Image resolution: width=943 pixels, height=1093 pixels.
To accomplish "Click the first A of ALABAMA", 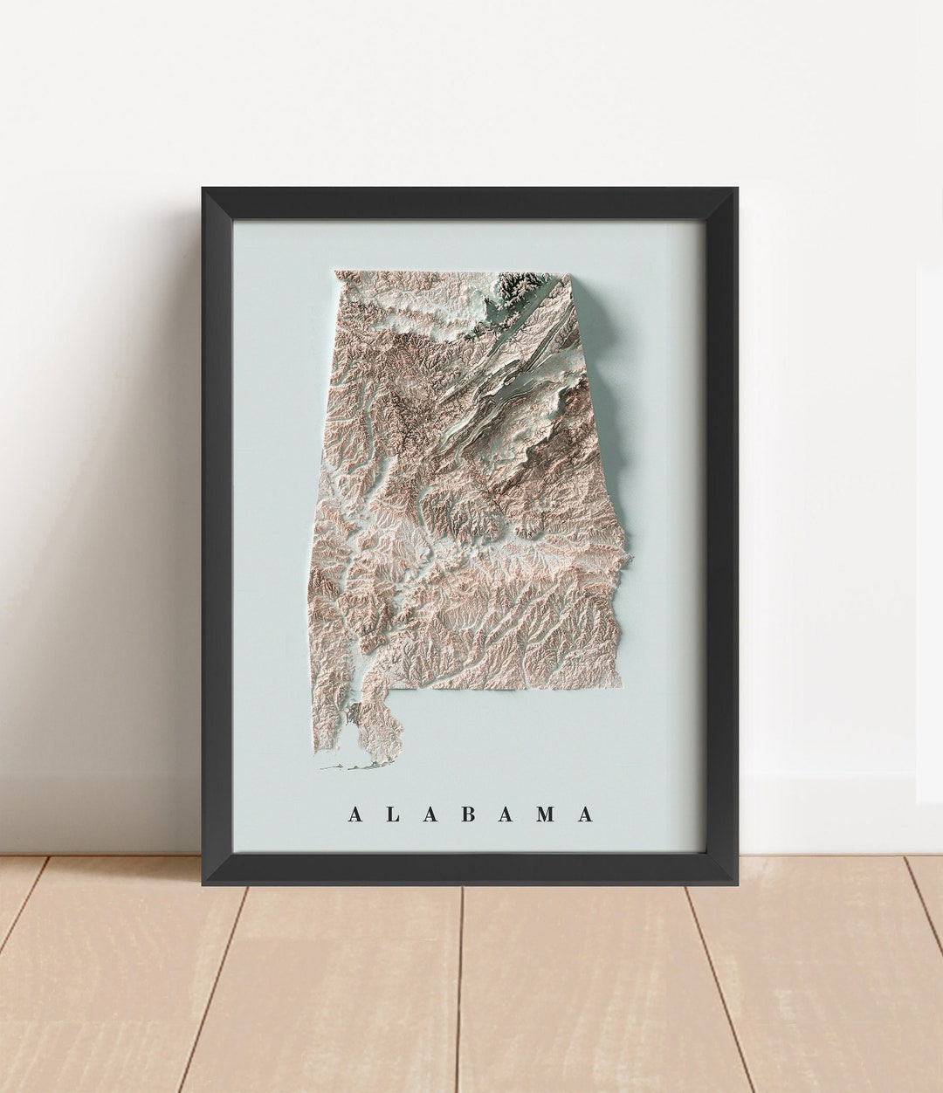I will coord(354,815).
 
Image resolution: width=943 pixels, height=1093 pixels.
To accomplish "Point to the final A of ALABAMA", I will coord(585,815).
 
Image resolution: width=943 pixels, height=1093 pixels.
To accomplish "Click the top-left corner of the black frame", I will coord(204,189).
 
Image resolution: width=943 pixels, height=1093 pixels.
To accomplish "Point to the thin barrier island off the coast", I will coord(345,768).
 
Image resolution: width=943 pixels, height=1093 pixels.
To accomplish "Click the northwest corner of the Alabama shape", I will coord(336,272).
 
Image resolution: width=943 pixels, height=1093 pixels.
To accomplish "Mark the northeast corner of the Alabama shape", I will coord(568,276).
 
